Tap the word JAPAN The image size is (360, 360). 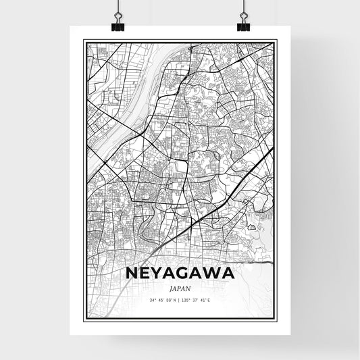[x=180, y=286]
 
